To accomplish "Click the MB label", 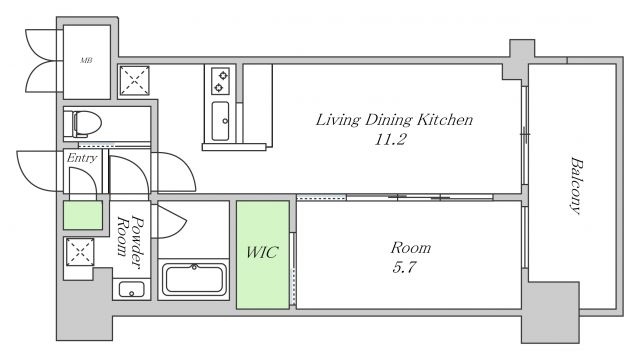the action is pos(86,60).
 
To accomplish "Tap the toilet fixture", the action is pos(87,123).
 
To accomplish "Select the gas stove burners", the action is pos(220,81).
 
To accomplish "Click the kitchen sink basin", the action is pos(220,121).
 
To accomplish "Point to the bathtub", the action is pos(194,280).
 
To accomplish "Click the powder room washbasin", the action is pos(131,289).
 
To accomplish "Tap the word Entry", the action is pos(82,158).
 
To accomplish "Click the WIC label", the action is pos(262,252).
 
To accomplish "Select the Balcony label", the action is pos(576,186).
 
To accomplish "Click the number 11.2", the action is pos(390,140).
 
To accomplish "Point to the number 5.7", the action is pos(404,267).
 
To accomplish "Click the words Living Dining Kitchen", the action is pos(394,120).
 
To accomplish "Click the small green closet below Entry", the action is pos(83,215).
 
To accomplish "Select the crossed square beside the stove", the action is pos(134,80).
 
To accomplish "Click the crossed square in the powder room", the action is pos(80,252).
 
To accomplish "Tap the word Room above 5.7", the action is pos(411,248).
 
